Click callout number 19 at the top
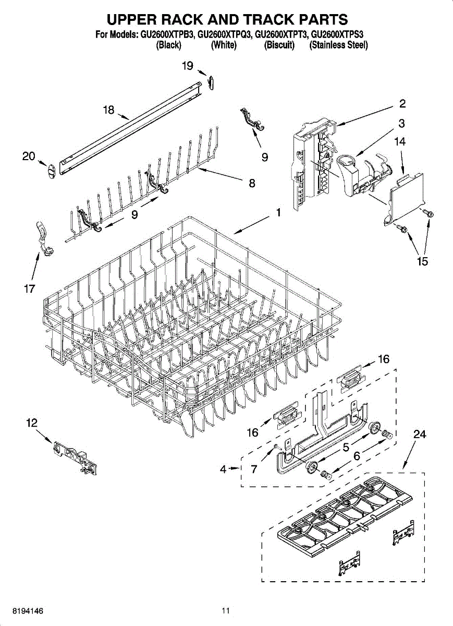(188, 66)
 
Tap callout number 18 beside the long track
(108, 110)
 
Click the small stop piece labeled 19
(211, 82)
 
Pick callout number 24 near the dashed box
(420, 434)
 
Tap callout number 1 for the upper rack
(278, 212)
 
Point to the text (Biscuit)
(279, 45)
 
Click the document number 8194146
(21, 610)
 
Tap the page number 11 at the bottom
(225, 610)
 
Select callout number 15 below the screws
(422, 261)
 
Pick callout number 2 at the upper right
(402, 103)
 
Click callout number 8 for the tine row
(251, 183)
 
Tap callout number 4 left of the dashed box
(223, 469)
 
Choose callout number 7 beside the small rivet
(254, 469)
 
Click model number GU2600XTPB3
(168, 35)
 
